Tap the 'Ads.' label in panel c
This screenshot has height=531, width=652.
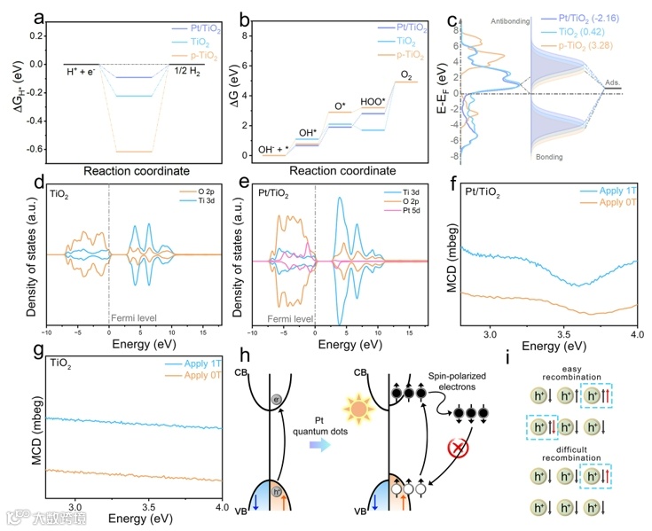(x=613, y=82)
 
